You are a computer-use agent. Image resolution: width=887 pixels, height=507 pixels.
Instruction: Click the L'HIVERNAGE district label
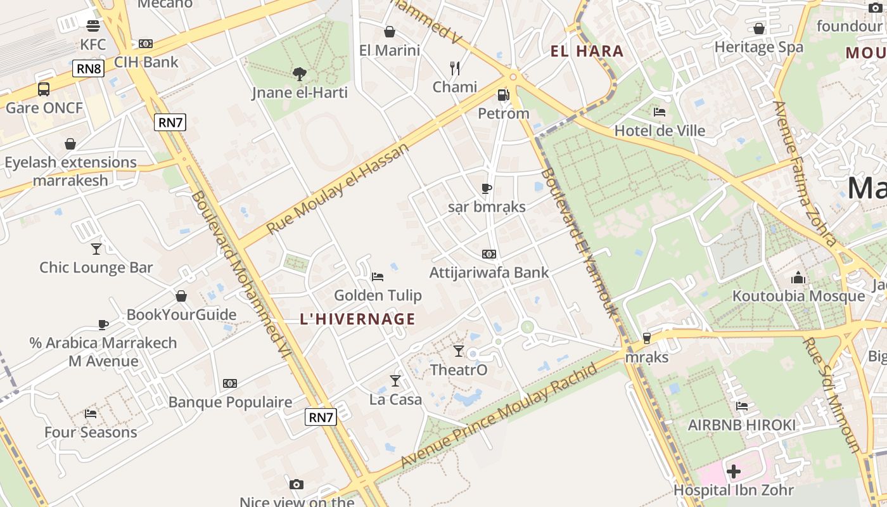point(358,319)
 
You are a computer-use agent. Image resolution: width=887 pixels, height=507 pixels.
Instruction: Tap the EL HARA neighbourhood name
point(587,51)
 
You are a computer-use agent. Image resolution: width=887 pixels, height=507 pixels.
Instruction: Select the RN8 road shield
point(88,68)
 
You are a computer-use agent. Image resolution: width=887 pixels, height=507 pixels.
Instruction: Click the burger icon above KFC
point(93,26)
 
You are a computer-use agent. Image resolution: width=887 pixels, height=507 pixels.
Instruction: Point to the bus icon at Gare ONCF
point(44,89)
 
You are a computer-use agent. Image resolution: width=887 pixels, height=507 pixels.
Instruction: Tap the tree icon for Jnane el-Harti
point(300,74)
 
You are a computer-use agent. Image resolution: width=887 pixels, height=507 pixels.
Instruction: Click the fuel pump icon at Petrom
point(503,95)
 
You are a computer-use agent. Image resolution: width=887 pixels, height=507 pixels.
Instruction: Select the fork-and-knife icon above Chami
point(454,68)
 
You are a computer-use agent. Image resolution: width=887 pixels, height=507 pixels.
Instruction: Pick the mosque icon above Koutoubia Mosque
point(798,278)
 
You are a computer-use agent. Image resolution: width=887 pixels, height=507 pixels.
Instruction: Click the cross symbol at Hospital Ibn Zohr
point(734,472)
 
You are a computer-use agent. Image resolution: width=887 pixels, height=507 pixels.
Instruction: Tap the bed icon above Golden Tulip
point(378,276)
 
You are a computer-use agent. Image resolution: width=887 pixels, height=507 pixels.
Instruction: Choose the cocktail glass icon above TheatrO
point(459,350)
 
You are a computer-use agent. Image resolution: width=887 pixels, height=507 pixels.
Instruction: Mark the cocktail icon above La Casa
point(395,380)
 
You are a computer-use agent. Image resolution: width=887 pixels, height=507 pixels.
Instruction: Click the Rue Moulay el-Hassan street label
point(338,188)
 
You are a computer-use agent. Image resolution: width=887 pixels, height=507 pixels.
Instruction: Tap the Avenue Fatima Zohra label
point(804,174)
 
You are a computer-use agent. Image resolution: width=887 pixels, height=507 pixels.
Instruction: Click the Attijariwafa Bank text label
point(489,273)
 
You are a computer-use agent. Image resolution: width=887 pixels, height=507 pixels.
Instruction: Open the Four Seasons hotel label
point(91,432)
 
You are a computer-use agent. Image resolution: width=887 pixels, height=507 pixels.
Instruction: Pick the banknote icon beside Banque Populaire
point(230,383)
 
